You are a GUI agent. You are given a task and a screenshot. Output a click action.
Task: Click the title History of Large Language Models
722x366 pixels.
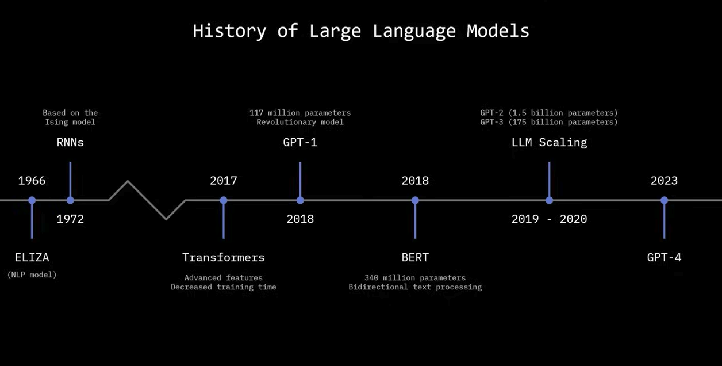pos(361,31)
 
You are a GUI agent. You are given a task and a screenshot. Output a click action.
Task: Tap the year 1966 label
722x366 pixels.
pos(32,181)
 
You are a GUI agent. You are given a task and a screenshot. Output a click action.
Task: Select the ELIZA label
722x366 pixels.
pos(32,257)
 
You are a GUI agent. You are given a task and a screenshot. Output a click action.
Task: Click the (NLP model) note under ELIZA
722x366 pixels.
pos(32,274)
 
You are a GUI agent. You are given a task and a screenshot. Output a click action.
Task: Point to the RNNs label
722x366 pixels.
pos(70,142)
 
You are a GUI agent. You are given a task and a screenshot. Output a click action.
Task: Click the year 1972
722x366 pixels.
pos(70,219)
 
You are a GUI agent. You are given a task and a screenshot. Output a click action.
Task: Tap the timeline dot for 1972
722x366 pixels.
pos(70,200)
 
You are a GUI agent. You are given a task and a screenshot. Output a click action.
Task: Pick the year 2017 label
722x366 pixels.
pos(224,181)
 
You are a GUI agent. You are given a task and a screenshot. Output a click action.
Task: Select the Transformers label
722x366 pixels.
pos(224,257)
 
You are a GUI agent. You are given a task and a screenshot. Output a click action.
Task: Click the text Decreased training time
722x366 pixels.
pos(224,287)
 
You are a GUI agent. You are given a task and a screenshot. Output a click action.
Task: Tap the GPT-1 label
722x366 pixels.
pos(300,142)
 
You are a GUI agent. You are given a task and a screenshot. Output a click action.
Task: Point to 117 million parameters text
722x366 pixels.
pos(300,113)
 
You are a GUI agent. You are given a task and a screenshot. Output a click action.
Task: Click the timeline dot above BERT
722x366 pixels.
pos(415,200)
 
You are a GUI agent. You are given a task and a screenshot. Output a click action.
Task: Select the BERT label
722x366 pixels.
pos(415,257)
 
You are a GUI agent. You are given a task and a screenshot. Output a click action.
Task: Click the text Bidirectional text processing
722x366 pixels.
pos(415,287)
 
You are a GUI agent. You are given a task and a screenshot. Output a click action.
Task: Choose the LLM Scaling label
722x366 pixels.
pos(549,142)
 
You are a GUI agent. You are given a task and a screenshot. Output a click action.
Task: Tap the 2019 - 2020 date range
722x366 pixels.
pos(549,219)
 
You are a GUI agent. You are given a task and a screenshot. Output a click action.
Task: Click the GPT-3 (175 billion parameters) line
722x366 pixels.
pos(549,122)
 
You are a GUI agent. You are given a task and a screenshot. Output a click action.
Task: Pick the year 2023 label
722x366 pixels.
pos(664,181)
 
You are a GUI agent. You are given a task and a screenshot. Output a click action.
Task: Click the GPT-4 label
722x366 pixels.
pos(664,257)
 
